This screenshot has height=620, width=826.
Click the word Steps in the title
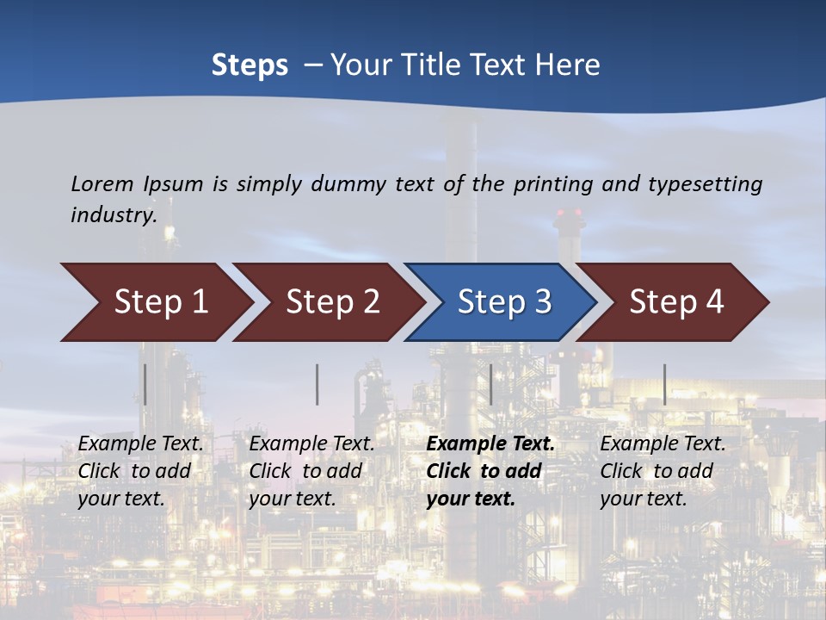point(250,65)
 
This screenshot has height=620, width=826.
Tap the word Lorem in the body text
point(103,183)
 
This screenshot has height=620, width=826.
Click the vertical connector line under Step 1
point(145,384)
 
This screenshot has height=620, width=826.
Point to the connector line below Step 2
point(317,384)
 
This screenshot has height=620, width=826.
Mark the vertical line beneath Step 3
point(491,384)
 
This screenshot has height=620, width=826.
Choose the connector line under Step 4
point(664,384)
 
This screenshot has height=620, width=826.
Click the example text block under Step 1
point(140,471)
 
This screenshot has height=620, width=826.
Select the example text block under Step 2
point(311,471)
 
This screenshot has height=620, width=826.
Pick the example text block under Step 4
point(663,471)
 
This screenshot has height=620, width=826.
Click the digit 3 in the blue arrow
point(542,302)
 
